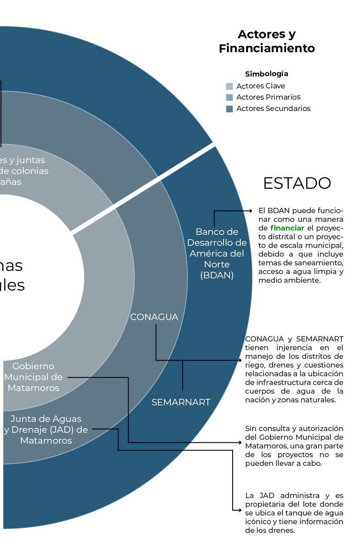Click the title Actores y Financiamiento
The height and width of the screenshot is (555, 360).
tap(267, 41)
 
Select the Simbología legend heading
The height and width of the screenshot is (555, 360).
tap(267, 74)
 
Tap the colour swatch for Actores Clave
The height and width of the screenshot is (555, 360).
tap(230, 86)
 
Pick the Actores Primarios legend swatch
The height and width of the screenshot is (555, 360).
tap(230, 97)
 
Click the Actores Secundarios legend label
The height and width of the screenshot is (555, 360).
tap(273, 109)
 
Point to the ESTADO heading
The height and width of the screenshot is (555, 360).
tap(297, 184)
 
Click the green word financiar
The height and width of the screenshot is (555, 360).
tap(287, 228)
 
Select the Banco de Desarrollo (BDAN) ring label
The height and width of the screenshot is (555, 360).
tap(217, 253)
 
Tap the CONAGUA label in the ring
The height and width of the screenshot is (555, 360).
tap(154, 317)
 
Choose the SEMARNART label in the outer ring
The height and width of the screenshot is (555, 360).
tap(181, 402)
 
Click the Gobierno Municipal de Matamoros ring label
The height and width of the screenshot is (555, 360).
tap(33, 377)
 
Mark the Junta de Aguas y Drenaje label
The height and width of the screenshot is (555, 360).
tap(46, 430)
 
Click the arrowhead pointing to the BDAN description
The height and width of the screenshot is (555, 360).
tap(250, 211)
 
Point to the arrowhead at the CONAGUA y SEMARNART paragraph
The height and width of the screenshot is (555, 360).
tap(240, 361)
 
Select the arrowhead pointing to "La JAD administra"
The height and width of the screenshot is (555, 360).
tap(239, 510)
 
